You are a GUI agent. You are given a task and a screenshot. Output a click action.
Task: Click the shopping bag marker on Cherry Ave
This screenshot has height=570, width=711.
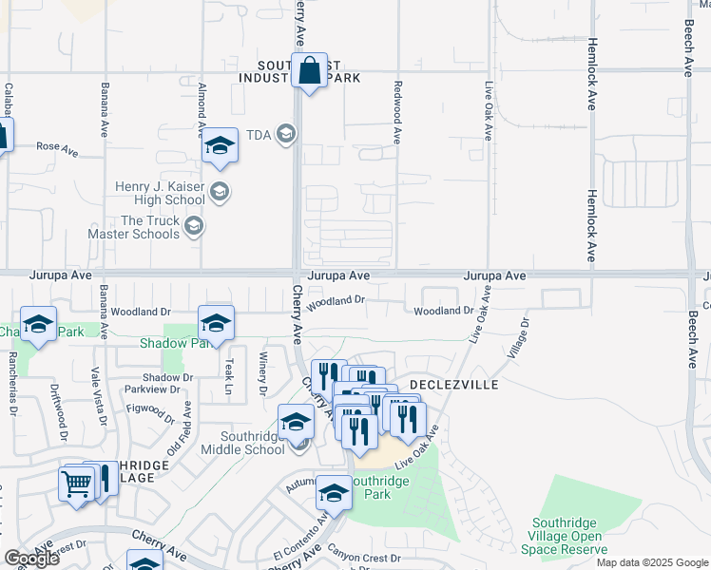310,71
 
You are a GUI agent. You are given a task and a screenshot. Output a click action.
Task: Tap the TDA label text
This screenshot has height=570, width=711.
259,134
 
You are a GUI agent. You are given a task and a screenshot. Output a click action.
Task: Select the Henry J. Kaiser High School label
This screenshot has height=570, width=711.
160,193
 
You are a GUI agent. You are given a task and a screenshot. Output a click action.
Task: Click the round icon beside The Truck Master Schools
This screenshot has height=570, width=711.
194,226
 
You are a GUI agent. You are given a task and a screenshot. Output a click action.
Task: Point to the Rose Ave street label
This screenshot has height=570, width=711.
56,148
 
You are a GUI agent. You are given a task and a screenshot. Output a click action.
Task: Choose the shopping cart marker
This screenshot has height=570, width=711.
78,483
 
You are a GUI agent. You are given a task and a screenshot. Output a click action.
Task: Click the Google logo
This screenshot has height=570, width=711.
32,559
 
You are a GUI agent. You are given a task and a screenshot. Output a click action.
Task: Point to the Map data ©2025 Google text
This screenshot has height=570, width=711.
652,562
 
